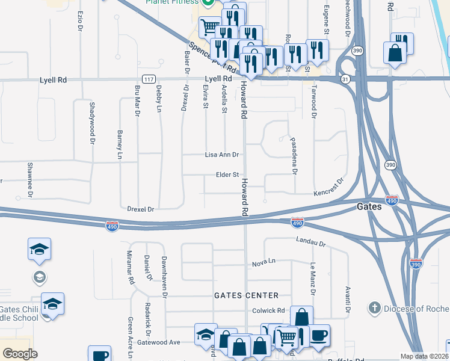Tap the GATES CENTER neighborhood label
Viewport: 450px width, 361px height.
click(x=247, y=295)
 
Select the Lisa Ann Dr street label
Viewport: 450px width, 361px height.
click(x=223, y=155)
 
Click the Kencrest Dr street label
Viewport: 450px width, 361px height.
click(x=329, y=187)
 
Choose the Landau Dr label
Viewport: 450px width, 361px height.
click(x=310, y=242)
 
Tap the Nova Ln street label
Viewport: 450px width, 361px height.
click(x=264, y=263)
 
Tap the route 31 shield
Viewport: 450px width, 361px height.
click(x=344, y=79)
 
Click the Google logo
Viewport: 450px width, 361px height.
click(x=20, y=354)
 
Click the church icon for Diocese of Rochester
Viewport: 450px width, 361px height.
click(x=374, y=308)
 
